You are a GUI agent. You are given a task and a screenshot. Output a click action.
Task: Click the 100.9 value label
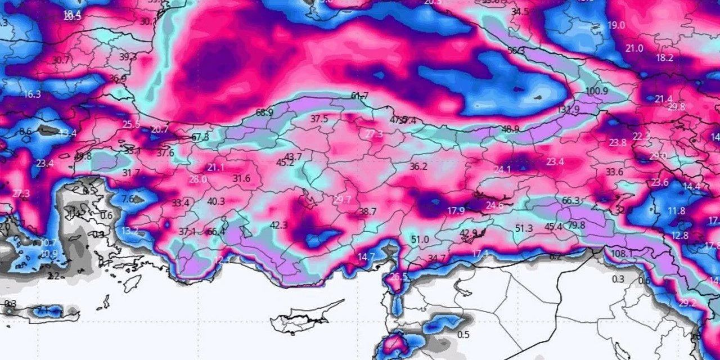(x=597, y=91)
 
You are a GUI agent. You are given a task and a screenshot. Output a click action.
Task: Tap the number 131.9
(x=568, y=110)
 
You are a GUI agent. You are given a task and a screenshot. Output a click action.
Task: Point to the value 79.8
(x=575, y=226)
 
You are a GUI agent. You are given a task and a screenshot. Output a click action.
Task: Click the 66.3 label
(x=570, y=201)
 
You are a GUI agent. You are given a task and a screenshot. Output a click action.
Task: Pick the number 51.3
(x=524, y=228)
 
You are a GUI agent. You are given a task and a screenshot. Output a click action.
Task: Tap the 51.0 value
(x=420, y=240)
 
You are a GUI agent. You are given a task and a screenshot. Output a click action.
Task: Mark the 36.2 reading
(x=418, y=166)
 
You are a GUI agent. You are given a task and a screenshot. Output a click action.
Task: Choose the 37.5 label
(x=319, y=119)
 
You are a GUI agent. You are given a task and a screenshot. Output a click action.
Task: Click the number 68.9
(x=264, y=112)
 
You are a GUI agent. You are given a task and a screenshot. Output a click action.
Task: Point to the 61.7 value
(x=359, y=96)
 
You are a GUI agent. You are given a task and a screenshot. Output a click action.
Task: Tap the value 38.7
(x=368, y=211)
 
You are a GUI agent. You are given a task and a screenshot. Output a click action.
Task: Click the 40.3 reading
(x=216, y=201)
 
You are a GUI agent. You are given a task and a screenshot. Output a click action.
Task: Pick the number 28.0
(x=197, y=179)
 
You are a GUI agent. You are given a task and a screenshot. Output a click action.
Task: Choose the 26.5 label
(x=398, y=277)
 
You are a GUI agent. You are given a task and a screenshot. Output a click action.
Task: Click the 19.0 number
(x=616, y=25)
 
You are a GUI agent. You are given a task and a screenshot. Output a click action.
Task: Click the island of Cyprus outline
(x=304, y=319)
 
